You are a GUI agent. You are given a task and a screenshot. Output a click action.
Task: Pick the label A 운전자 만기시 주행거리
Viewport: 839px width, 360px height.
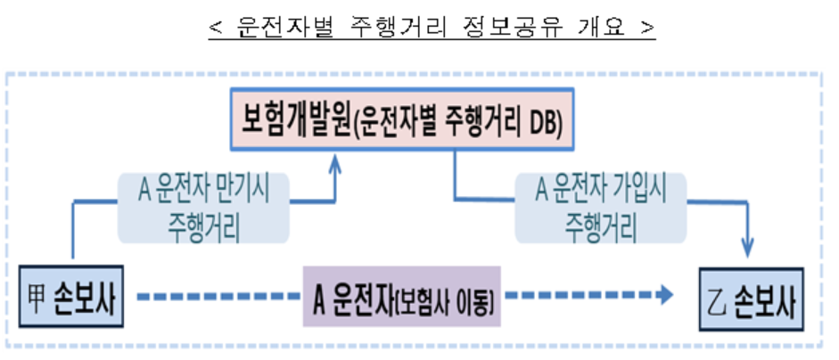(204, 207)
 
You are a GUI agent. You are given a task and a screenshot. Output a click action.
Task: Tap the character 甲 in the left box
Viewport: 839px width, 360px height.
(36, 295)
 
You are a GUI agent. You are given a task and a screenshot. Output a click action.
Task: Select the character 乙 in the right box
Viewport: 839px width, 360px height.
(720, 297)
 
